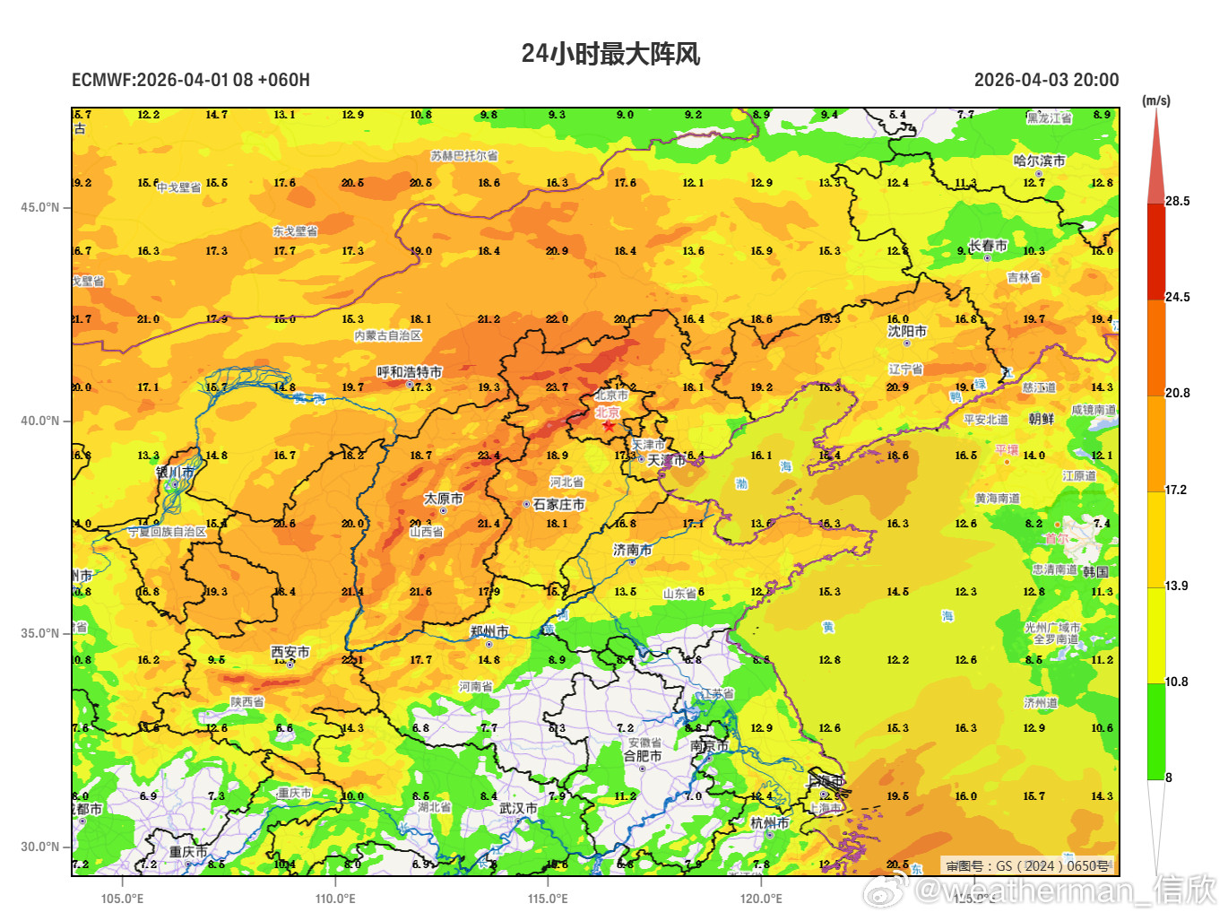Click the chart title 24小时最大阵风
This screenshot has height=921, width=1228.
610,54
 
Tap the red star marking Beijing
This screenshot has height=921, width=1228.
609,425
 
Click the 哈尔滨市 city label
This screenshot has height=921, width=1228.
1039,161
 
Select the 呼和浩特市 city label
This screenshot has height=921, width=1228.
409,372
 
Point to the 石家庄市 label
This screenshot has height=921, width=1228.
558,505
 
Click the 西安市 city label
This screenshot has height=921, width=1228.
290,652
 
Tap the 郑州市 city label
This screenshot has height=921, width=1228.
489,631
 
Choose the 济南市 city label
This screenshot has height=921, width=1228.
632,550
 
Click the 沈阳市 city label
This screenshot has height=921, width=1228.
907,331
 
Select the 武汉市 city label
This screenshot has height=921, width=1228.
518,808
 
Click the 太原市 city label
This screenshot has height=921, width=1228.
444,499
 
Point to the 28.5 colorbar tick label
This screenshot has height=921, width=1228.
1178,201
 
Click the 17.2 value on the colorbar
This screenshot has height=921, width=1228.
1176,490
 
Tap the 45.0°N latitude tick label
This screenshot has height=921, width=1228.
40,207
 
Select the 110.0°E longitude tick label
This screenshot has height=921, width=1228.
335,899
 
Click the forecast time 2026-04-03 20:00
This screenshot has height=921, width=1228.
1046,80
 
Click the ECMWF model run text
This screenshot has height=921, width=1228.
191,80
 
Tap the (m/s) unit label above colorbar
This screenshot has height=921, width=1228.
1155,100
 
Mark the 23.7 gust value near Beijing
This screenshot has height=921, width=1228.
557,387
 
